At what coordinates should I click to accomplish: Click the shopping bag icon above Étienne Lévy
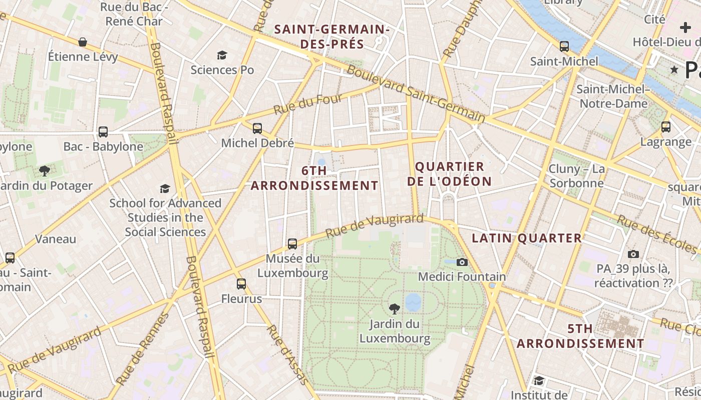point(83,42)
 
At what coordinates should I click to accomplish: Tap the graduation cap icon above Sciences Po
point(222,55)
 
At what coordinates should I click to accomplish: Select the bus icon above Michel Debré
point(257,128)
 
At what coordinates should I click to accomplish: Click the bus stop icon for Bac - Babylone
point(103,132)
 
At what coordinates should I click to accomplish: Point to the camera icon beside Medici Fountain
point(462,262)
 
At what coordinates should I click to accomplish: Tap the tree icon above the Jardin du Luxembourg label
point(395,309)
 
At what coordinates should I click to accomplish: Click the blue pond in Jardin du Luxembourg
point(413,302)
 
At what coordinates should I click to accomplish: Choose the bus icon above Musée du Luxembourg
point(292,244)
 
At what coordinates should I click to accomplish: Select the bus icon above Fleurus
point(241,284)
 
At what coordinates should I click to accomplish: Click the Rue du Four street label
point(307,103)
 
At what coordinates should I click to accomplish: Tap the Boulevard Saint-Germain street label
point(416,94)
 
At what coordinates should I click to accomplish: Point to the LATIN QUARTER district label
point(527,238)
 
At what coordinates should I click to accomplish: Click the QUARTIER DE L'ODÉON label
point(449,173)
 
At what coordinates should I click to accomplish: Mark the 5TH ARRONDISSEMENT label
point(580,336)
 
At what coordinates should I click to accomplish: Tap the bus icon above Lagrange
point(666,127)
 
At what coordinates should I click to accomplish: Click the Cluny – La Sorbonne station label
point(576,176)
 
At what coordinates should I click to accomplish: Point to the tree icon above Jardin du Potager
point(45,171)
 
